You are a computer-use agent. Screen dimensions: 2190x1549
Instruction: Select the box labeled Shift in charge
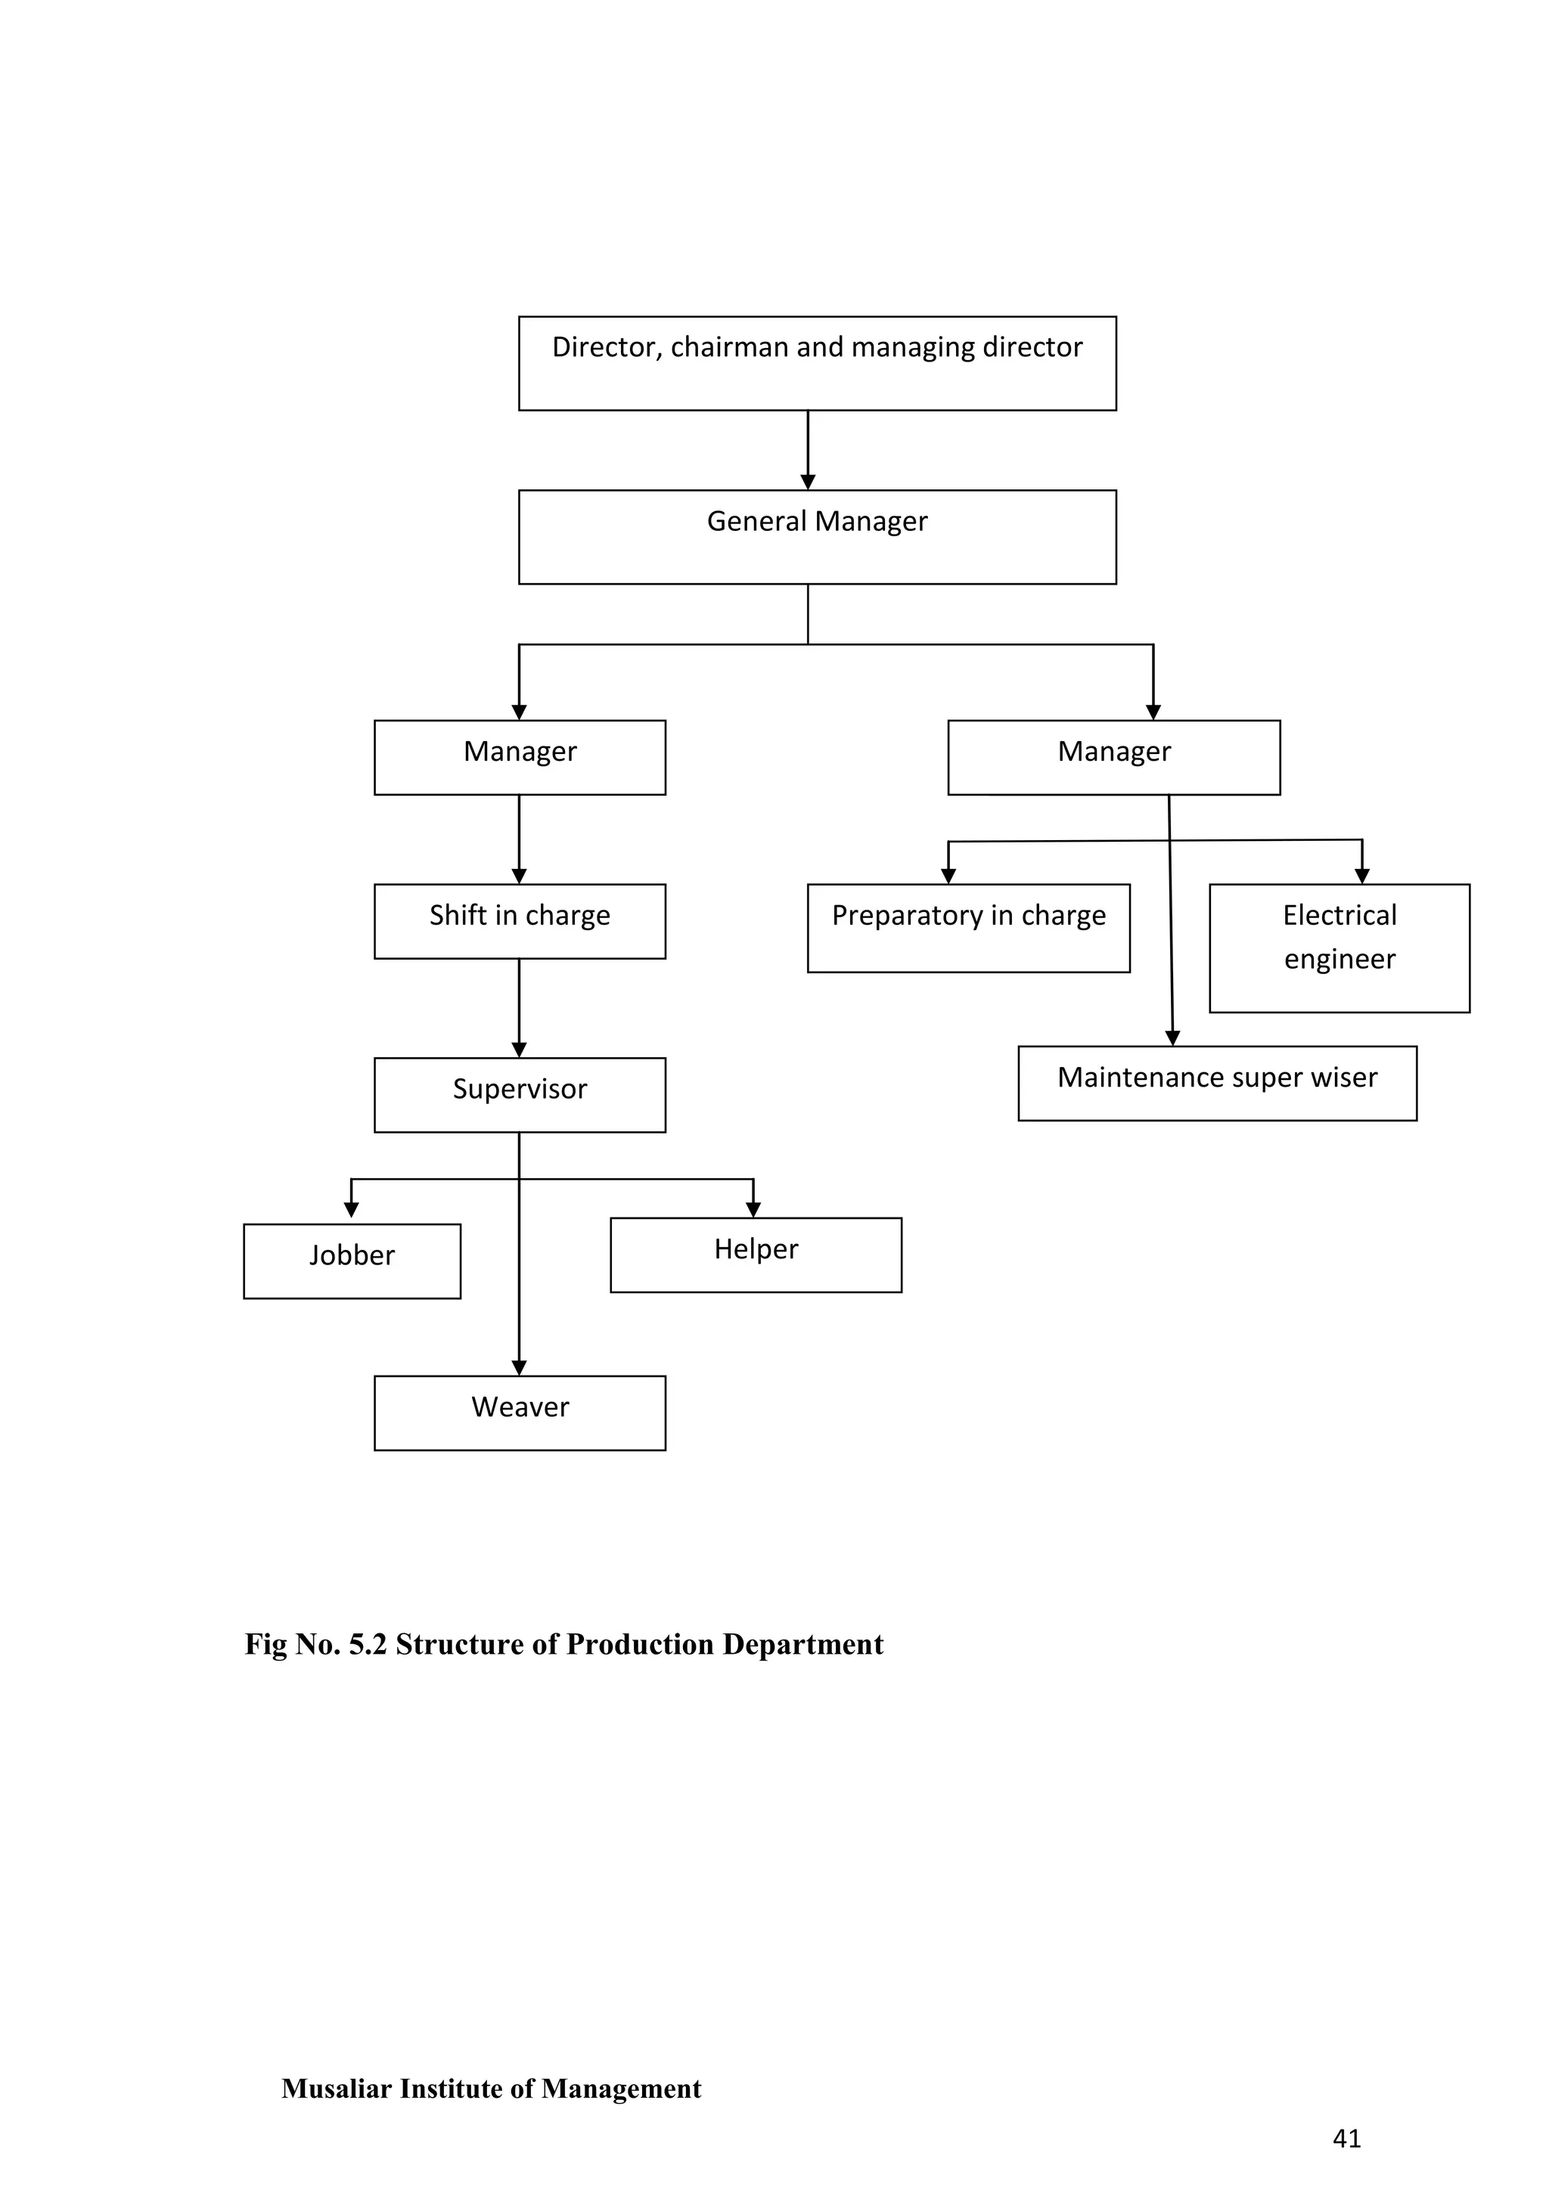pyautogui.click(x=520, y=921)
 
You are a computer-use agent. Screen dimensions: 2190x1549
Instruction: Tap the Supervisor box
pyautogui.click(x=520, y=1095)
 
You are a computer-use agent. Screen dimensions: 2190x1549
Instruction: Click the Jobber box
pyautogui.click(x=352, y=1261)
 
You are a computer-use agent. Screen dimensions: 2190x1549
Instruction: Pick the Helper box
pyautogui.click(x=756, y=1255)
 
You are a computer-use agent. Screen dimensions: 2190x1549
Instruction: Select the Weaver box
pyautogui.click(x=520, y=1413)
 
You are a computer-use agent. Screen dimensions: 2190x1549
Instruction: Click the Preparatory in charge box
pyautogui.click(x=968, y=928)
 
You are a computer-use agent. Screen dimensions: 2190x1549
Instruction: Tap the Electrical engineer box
pyautogui.click(x=1339, y=948)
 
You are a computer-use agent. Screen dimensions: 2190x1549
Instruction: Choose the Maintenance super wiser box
pyautogui.click(x=1217, y=1084)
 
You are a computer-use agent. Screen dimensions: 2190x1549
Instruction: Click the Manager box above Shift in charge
pyautogui.click(x=520, y=757)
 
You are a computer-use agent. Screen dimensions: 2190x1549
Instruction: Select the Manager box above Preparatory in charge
pyautogui.click(x=1113, y=757)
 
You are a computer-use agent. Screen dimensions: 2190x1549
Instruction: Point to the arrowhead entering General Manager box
pyautogui.click(x=808, y=482)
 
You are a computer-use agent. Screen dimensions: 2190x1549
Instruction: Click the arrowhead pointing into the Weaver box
pyautogui.click(x=519, y=1368)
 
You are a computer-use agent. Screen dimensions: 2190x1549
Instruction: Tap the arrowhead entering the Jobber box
pyautogui.click(x=351, y=1211)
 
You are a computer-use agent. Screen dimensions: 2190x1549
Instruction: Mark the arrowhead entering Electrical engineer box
pyautogui.click(x=1362, y=876)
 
